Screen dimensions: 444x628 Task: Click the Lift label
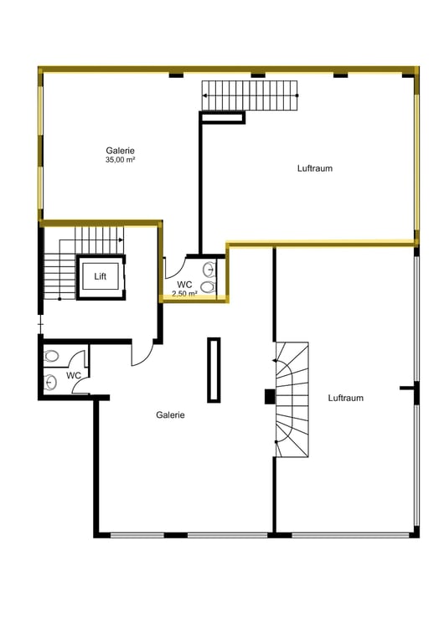101,276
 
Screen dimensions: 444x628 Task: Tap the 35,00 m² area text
121,160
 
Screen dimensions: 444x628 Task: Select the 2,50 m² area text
184,294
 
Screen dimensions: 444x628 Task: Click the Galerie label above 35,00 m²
121,151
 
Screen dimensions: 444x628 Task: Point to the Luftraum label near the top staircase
315,168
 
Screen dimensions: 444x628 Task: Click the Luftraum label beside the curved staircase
346,398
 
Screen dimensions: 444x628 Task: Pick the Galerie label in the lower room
170,415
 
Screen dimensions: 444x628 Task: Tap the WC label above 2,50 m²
184,285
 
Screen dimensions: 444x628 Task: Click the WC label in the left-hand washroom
74,376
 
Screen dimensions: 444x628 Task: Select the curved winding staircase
292,399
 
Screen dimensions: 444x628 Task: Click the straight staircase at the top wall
250,95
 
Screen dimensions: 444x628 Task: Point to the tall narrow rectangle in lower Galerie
214,369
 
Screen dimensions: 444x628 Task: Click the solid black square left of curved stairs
270,397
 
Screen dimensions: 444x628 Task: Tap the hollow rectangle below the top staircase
222,118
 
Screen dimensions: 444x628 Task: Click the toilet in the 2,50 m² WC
208,286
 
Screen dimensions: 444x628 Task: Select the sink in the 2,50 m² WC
209,269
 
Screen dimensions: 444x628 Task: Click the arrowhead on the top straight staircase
204,95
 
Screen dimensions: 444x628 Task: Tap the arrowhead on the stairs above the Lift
121,240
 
